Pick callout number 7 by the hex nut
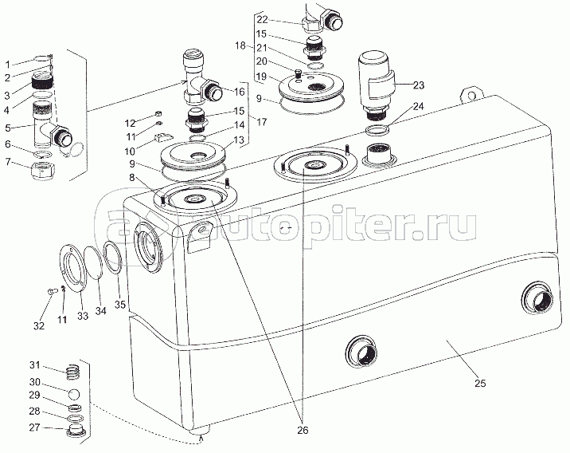click(x=7, y=163)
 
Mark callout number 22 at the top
click(x=263, y=19)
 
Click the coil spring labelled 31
click(x=72, y=371)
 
